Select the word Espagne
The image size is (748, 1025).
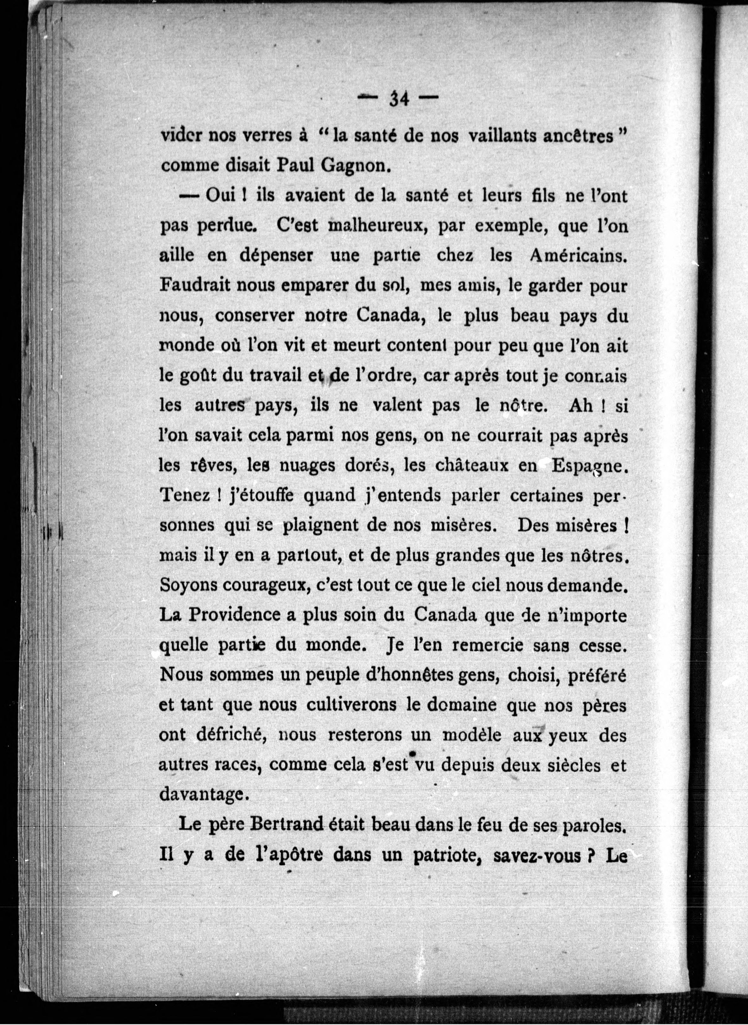589,466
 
